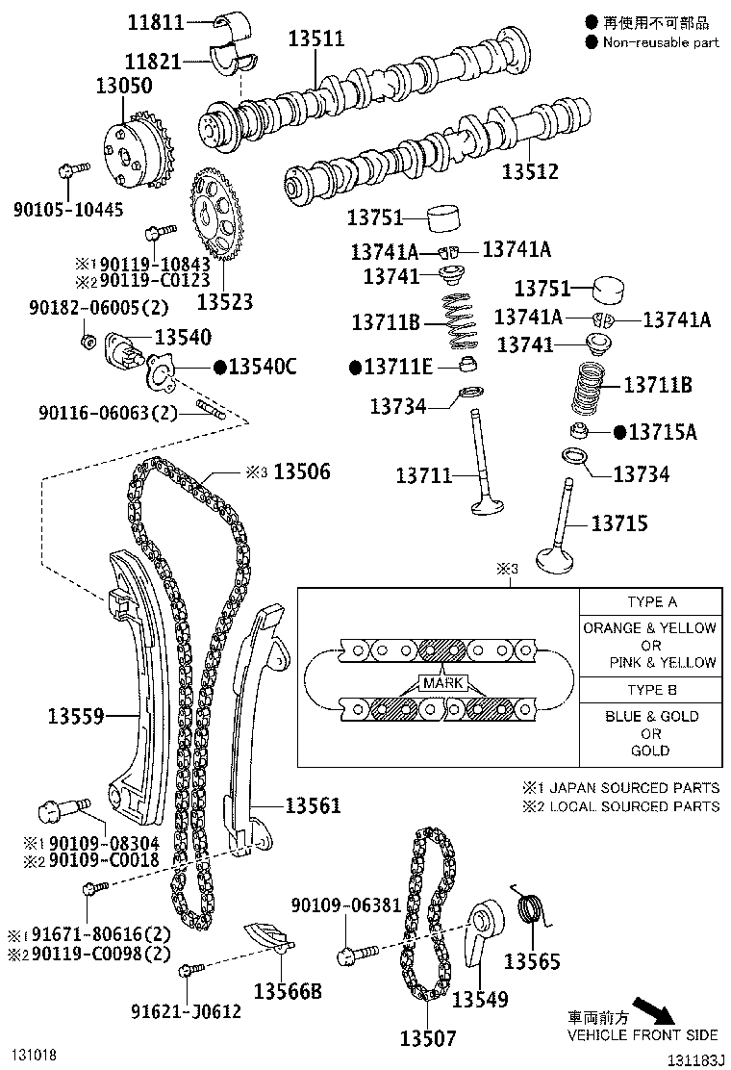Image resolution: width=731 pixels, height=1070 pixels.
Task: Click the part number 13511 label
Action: pos(316,38)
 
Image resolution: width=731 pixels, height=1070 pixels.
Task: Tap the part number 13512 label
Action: pos(530,172)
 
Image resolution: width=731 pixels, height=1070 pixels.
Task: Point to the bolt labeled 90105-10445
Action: pos(69,174)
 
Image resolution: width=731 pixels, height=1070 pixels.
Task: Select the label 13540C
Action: pos(263,367)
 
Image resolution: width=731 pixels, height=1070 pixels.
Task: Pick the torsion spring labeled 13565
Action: pos(530,909)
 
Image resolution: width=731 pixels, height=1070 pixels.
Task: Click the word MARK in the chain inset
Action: pos(441,683)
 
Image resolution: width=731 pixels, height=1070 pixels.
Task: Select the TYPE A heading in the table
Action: pos(651,602)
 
